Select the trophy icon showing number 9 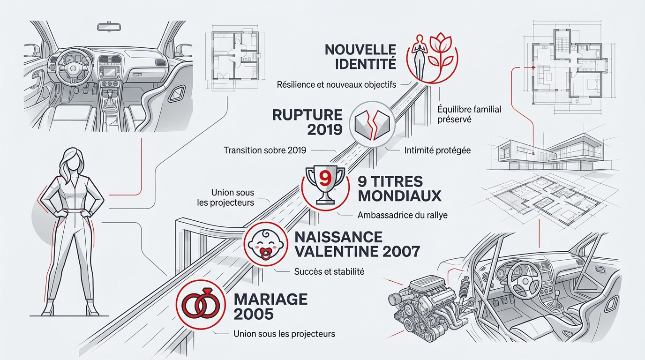(322, 186)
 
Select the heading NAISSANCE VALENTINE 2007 (357, 244)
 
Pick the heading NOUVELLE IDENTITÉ (360, 56)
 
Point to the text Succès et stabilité (329, 271)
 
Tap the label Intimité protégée (437, 150)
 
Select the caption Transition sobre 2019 (265, 150)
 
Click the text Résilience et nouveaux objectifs (337, 85)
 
